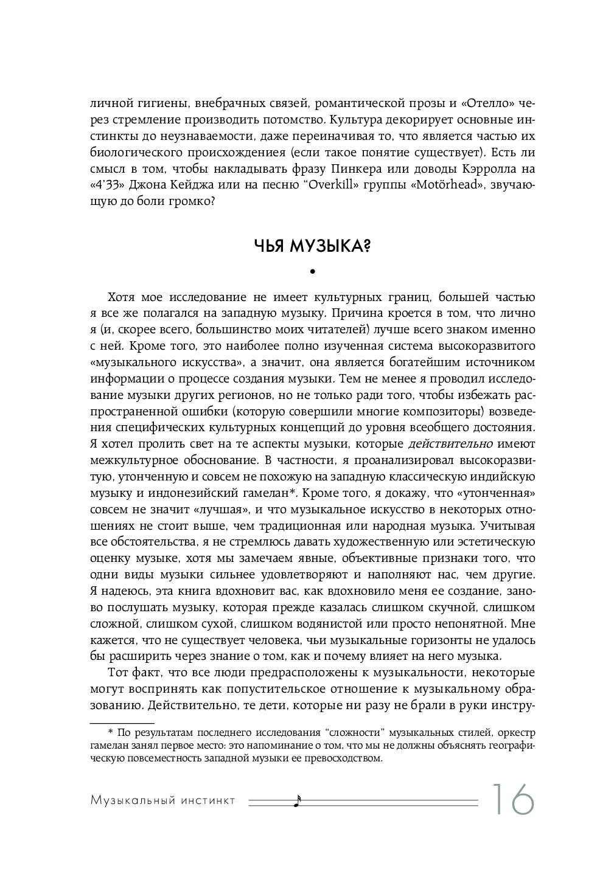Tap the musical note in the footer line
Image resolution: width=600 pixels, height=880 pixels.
point(297,801)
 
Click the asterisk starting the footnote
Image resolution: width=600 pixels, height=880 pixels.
point(110,731)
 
